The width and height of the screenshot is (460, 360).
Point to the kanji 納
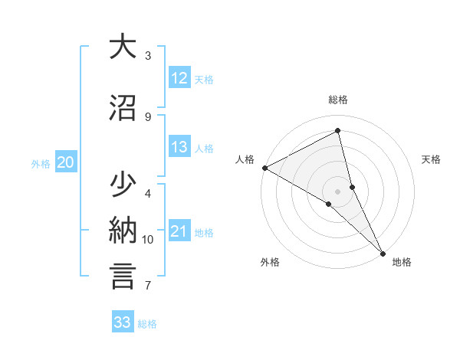[123, 231]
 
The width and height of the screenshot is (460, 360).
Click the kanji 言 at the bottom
[123, 277]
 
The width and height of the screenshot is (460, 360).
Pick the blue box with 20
[66, 162]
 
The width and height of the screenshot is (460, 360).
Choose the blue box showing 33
[122, 322]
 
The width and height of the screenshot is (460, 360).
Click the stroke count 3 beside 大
[148, 55]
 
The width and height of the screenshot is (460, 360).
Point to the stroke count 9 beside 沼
[148, 116]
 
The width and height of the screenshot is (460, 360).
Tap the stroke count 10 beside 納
[148, 240]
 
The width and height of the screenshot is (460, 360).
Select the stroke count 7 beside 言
[148, 286]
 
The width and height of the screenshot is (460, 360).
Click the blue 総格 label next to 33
[147, 324]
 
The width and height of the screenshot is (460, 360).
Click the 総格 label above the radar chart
[338, 100]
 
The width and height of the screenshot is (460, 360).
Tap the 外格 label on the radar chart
[270, 263]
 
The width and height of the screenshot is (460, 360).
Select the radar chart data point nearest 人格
[264, 168]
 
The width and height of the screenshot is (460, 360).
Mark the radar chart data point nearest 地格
[381, 252]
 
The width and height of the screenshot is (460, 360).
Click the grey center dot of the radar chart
[338, 191]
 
